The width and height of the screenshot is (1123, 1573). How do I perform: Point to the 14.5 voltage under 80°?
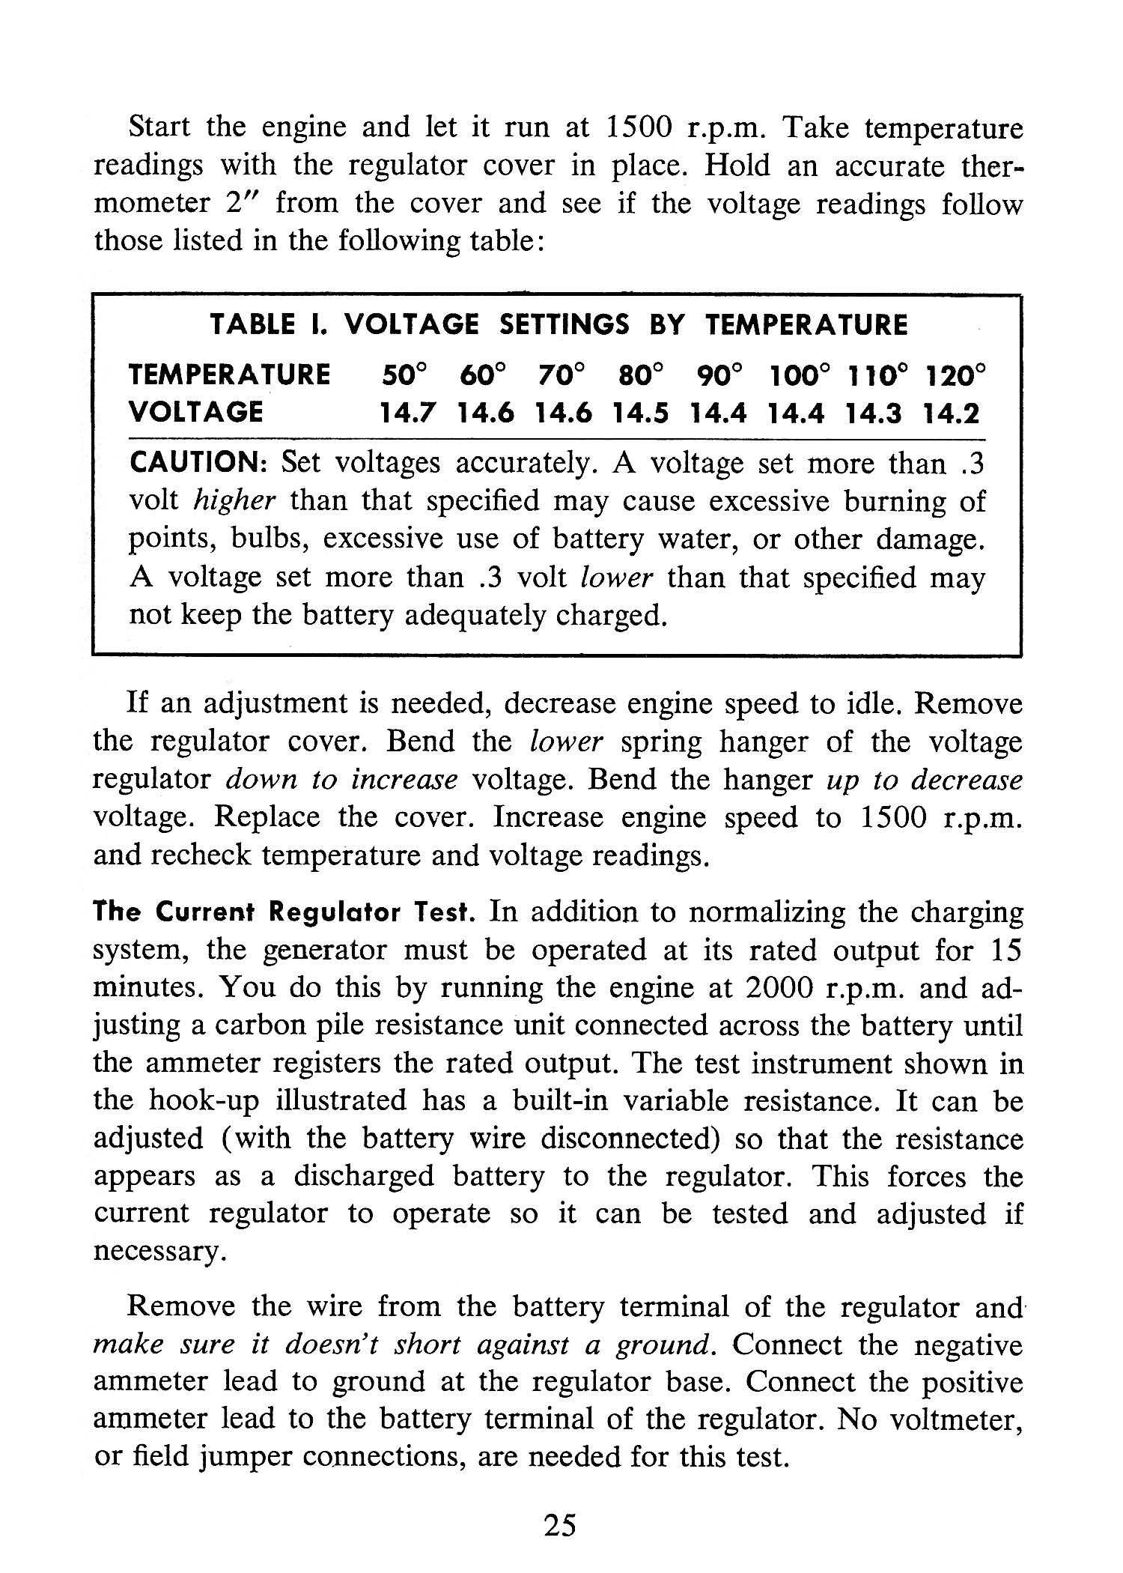tap(640, 413)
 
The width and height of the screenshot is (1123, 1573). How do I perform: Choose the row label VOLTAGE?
tap(196, 412)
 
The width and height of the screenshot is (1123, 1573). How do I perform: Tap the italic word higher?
tap(234, 500)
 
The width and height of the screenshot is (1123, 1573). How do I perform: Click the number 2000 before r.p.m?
tap(779, 988)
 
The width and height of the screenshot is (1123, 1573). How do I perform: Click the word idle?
tap(870, 703)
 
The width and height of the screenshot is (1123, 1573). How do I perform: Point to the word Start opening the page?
tap(159, 127)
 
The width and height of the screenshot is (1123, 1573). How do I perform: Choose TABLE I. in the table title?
tap(267, 324)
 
